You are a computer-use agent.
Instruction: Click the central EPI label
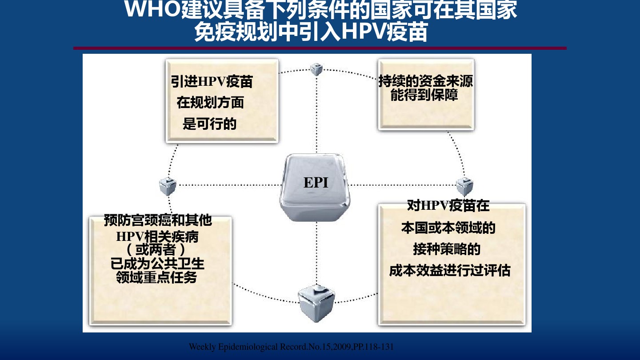point(316,183)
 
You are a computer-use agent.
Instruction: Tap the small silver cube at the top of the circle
point(316,69)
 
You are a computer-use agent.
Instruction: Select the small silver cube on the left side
point(168,186)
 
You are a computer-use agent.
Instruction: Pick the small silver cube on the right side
point(464,187)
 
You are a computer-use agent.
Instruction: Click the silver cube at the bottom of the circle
point(316,303)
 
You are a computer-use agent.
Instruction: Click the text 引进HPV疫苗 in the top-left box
point(212,82)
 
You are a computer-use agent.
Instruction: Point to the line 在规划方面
point(210,103)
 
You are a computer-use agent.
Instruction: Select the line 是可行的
point(209,124)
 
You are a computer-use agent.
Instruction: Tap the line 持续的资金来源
point(426,81)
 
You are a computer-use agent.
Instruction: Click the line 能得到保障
point(424,95)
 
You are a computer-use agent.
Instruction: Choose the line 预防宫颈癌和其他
point(158,220)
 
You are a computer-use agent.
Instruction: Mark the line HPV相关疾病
point(157,236)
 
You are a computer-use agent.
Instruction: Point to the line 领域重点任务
point(156,277)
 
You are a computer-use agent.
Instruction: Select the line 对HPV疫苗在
point(448,206)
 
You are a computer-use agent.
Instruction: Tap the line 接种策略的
point(447,249)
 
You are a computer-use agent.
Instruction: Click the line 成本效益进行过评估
point(450,271)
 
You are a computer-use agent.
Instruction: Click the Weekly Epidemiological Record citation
point(291,347)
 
